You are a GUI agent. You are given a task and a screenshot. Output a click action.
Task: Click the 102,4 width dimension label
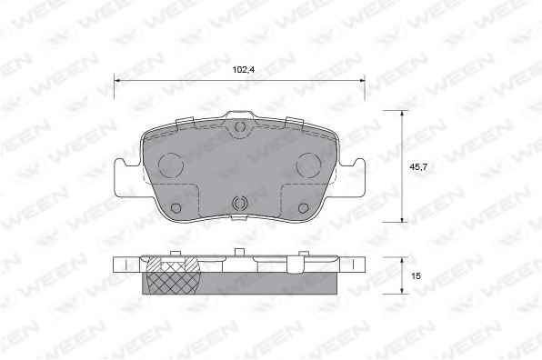click(x=244, y=70)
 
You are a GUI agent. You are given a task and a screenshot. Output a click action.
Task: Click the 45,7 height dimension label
click(x=418, y=167)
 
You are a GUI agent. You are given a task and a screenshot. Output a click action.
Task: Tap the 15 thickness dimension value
click(x=417, y=276)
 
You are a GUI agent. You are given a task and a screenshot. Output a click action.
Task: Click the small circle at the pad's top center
click(x=239, y=126)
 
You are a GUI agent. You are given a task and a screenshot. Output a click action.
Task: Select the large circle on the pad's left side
click(x=170, y=165)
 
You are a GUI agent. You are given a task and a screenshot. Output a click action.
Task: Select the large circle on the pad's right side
click(x=308, y=165)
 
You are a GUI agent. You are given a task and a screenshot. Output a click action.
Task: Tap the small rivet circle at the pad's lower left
click(x=176, y=208)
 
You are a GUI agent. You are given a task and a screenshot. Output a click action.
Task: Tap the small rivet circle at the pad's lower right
click(x=303, y=208)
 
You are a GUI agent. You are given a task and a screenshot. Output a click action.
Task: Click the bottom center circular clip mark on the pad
click(x=239, y=203)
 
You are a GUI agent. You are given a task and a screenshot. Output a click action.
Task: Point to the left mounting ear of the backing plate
click(x=125, y=178)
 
